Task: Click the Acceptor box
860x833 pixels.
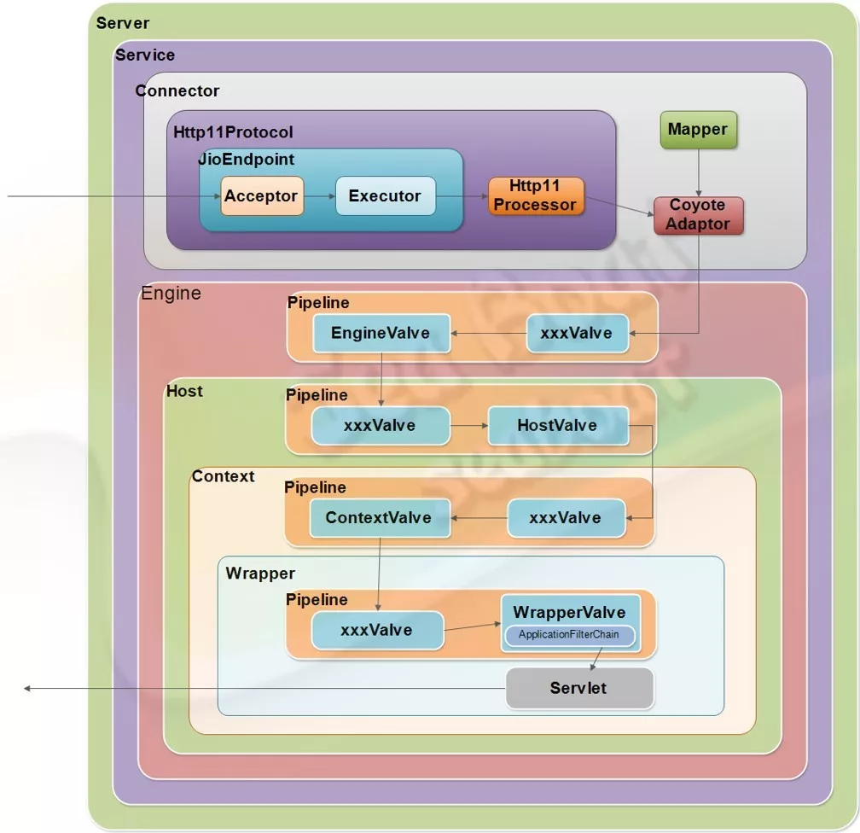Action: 260,196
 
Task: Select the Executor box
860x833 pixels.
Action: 385,196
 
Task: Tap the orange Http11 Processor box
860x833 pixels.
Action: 535,195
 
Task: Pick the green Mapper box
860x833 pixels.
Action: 698,130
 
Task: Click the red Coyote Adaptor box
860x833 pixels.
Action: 698,215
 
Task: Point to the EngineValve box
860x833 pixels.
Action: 381,333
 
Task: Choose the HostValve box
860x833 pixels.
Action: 557,425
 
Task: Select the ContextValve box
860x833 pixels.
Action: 379,517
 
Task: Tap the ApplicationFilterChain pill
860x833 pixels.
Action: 569,635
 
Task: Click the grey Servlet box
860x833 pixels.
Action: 579,688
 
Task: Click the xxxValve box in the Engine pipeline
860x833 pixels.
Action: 577,333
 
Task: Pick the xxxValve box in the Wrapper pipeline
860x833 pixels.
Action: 376,631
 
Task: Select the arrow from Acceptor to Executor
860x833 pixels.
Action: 320,196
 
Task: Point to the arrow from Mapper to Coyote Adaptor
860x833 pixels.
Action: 699,173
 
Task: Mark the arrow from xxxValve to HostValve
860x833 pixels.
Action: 468,425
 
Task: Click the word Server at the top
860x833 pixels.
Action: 123,23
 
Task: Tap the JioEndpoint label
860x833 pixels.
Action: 247,160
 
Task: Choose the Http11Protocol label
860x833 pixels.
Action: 233,132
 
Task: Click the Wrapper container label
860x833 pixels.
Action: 260,574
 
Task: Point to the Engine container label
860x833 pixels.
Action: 171,294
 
